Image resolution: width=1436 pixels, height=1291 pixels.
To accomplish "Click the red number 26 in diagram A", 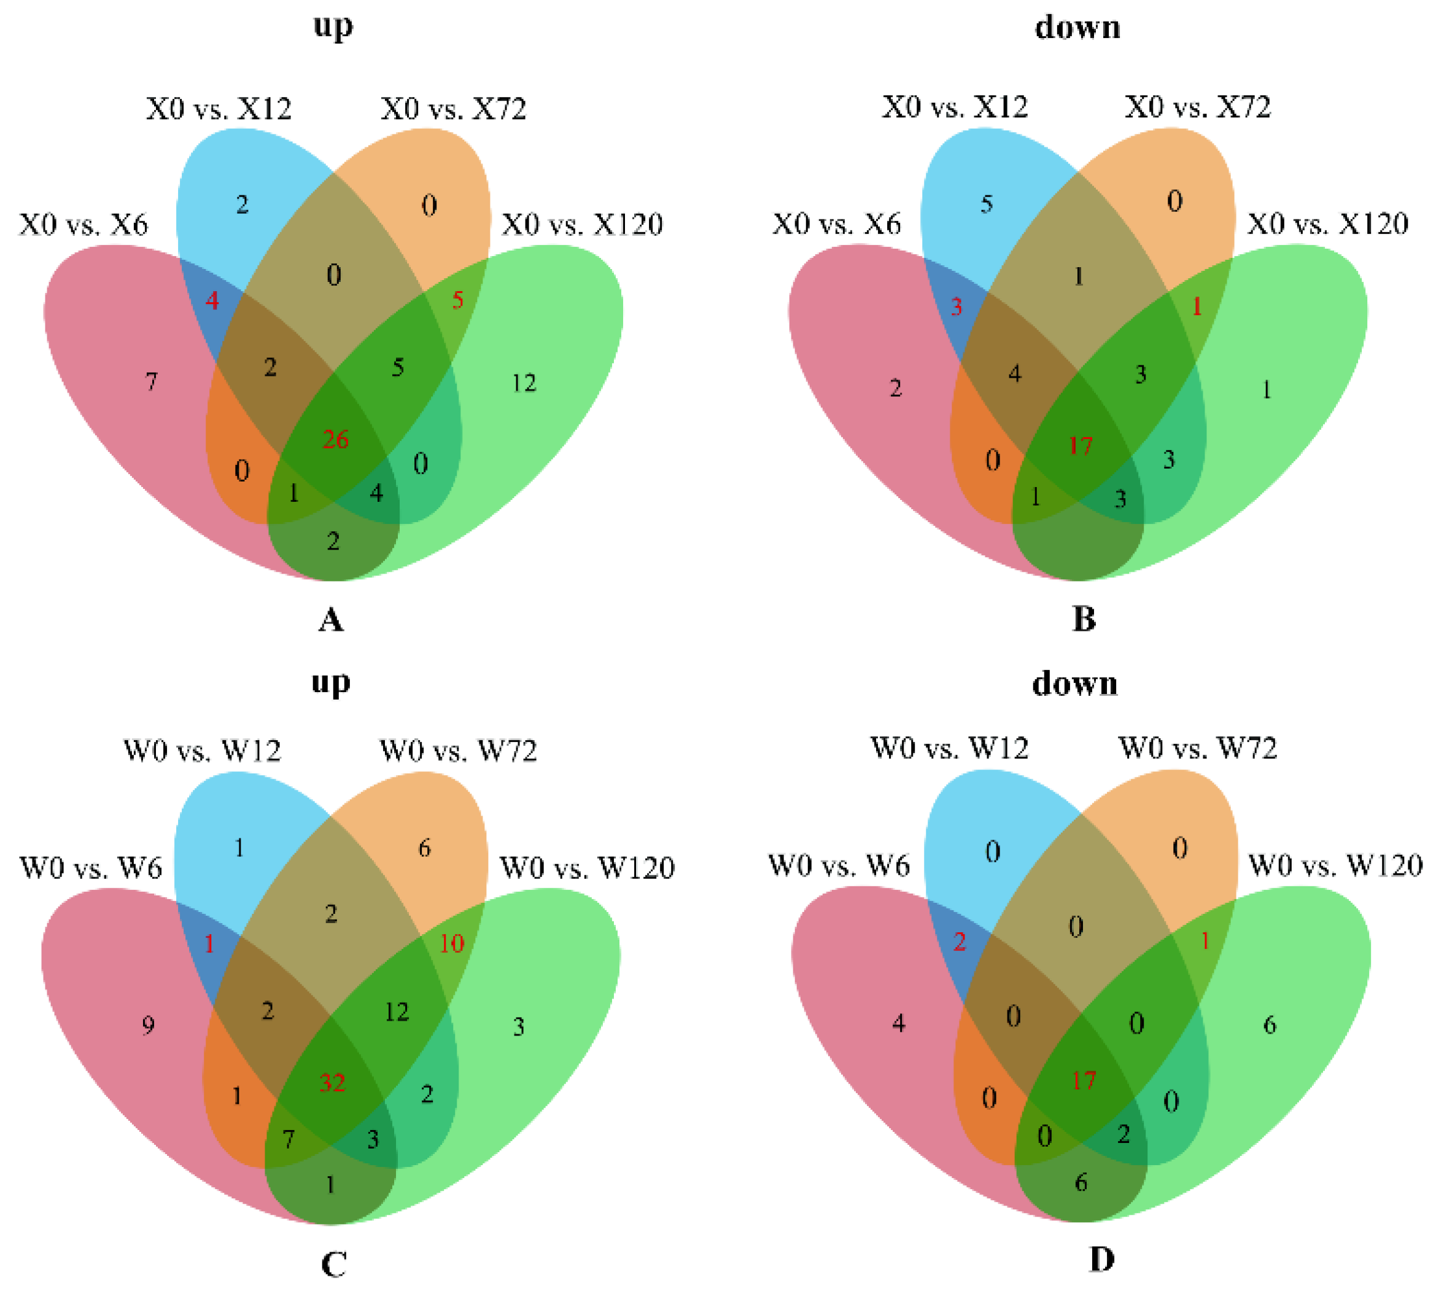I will [x=335, y=440].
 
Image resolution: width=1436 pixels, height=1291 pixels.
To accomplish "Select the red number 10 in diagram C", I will [x=451, y=943].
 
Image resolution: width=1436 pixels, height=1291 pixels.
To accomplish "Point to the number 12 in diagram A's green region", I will [x=524, y=384].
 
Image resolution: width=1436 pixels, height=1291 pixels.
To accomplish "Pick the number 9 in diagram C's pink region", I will [x=148, y=1025].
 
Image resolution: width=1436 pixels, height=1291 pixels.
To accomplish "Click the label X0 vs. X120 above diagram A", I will [x=582, y=225].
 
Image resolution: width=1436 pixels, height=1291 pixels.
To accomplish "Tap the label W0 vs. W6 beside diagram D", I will [x=839, y=865].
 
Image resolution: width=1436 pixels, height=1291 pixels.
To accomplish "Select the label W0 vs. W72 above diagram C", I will [x=458, y=751].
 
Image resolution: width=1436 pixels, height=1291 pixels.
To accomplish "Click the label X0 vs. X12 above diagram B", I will [x=955, y=107].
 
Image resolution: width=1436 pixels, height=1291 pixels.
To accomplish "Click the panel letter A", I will [x=331, y=620].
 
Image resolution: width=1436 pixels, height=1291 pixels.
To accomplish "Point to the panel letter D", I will [x=1101, y=1260].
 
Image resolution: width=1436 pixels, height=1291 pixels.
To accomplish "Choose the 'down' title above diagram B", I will [x=1077, y=28].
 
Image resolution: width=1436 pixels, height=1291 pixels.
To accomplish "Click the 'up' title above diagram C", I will [x=331, y=683].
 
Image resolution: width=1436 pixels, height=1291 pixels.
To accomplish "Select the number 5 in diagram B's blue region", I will [x=987, y=205].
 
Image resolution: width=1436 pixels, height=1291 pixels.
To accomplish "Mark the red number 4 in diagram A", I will [x=212, y=301].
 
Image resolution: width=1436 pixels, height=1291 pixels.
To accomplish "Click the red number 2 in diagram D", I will [x=960, y=942].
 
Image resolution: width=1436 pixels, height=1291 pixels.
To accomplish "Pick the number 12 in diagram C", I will [x=397, y=1012].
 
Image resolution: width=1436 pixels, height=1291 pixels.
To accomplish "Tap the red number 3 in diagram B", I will [x=957, y=306].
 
